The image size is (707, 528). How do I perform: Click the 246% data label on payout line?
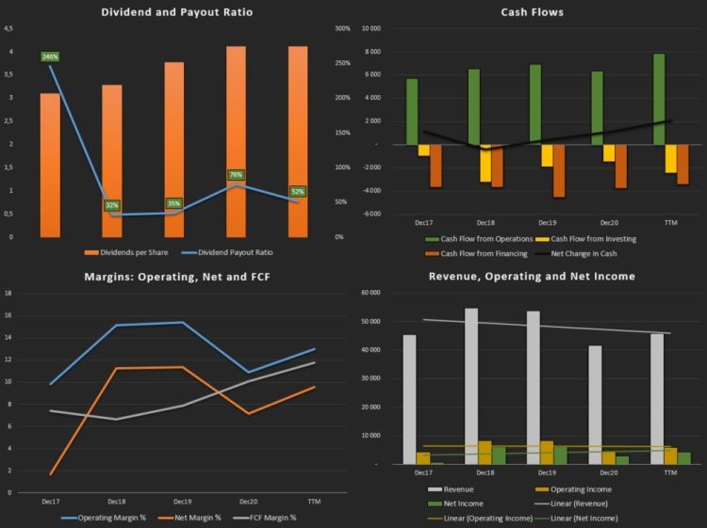coord(50,57)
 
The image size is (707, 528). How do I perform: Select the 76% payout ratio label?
coord(236,175)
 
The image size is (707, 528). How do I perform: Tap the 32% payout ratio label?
coord(112,205)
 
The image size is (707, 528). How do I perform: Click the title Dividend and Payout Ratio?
coord(177,12)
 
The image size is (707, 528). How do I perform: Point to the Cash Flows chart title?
coord(532,12)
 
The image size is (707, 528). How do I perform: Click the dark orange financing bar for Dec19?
coord(559,170)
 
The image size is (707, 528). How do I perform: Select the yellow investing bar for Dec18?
coord(485,163)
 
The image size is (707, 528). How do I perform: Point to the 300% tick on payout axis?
coord(342,28)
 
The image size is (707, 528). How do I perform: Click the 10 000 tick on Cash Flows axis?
coord(370,28)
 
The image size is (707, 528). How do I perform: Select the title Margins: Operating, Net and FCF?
coord(177,276)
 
